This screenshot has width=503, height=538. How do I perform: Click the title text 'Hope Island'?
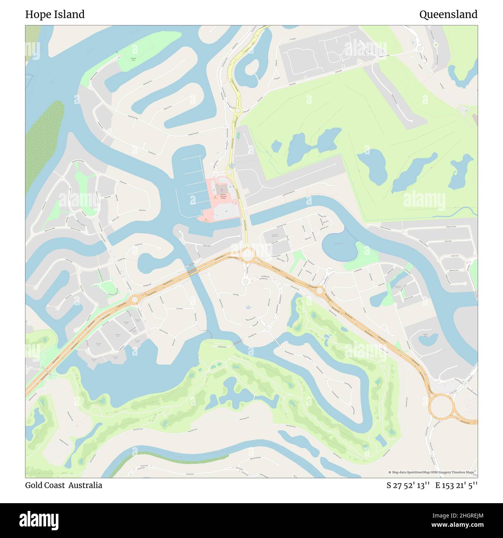tap(55, 15)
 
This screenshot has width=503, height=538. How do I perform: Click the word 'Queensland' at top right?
tap(448, 15)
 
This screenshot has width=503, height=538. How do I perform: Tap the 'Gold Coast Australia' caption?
tap(64, 485)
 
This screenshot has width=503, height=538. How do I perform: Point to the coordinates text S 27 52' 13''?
tap(408, 485)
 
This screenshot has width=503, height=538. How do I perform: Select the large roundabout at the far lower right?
tap(441, 406)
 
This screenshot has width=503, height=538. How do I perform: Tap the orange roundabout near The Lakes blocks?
tap(135, 299)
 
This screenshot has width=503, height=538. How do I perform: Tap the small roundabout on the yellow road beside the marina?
tap(229, 172)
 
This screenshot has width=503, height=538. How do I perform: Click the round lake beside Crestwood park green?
tap(339, 246)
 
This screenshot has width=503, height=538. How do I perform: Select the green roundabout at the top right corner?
tap(436, 45)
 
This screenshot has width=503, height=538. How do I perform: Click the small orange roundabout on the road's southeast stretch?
tap(320, 291)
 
